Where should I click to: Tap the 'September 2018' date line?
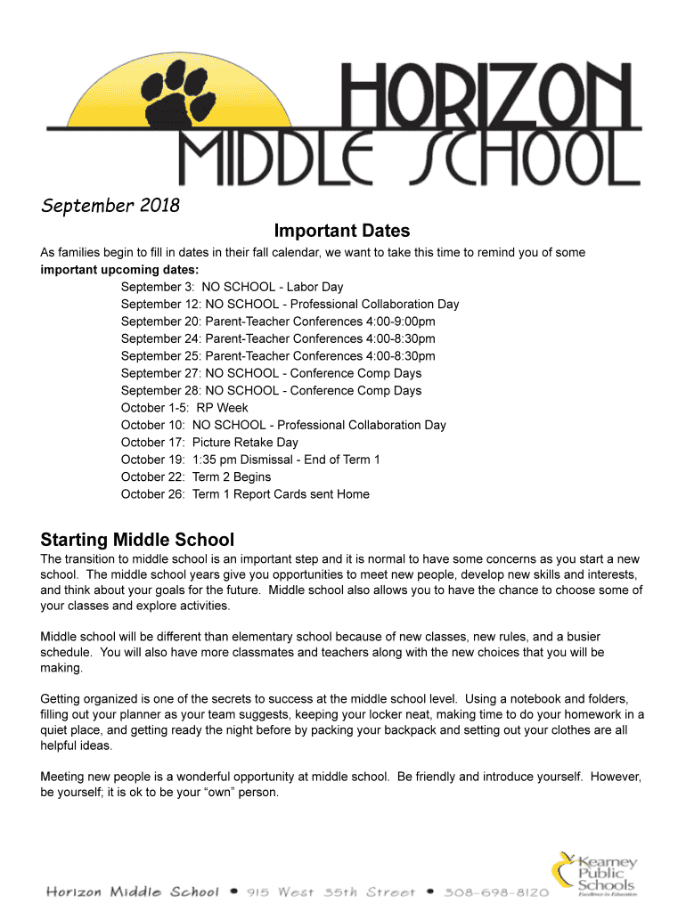pyautogui.click(x=110, y=207)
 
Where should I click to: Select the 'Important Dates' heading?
pyautogui.click(x=342, y=232)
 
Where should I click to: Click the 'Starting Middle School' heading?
pyautogui.click(x=137, y=540)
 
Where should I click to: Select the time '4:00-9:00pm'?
pyautogui.click(x=400, y=322)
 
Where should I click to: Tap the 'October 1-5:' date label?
pyautogui.click(x=154, y=408)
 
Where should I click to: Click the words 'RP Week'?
pyautogui.click(x=223, y=408)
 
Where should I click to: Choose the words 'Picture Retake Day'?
pyautogui.click(x=245, y=443)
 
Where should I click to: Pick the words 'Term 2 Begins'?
pyautogui.click(x=232, y=476)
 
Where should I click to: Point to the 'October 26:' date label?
pyautogui.click(x=153, y=494)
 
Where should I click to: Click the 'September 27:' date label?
pyautogui.click(x=160, y=373)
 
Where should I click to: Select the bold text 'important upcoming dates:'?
pyautogui.click(x=120, y=270)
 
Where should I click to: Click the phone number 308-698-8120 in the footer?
pyautogui.click(x=499, y=892)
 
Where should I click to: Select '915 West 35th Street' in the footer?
pyautogui.click(x=331, y=892)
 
